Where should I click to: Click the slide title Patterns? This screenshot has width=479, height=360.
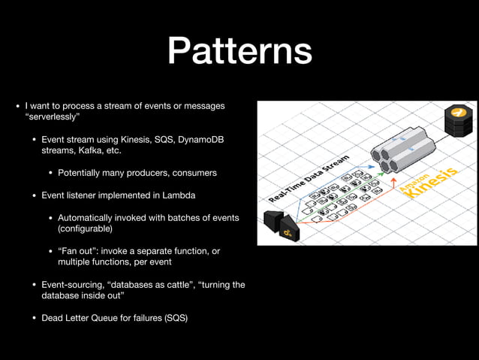tap(239, 52)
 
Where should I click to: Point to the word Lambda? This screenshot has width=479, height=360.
tap(179, 195)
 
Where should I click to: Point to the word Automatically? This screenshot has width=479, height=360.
tap(89, 217)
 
